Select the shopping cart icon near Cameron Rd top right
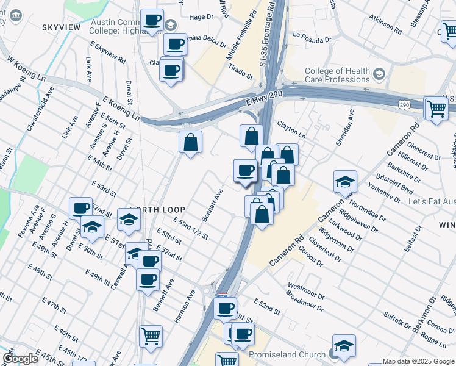436,109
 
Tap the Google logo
20,358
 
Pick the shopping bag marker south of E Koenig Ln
191,143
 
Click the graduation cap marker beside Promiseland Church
344,346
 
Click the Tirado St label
241,73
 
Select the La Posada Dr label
312,37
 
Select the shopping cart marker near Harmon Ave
151,335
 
